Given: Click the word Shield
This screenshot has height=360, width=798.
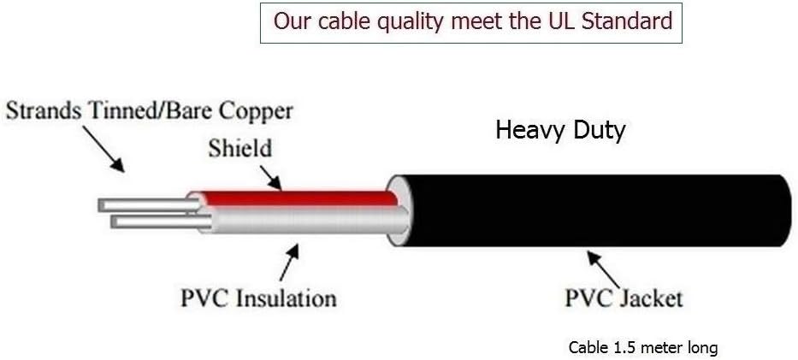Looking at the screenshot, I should (239, 148).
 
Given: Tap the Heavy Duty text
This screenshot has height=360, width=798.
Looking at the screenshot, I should (560, 131).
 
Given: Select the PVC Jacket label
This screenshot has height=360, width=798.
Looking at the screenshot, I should (624, 298).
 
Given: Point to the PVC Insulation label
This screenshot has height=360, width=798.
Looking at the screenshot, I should (258, 298).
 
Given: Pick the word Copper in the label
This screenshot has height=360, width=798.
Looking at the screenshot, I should (256, 111).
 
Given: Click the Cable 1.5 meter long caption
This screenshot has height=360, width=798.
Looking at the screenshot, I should (642, 348).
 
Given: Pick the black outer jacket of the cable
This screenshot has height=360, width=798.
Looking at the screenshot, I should (599, 210).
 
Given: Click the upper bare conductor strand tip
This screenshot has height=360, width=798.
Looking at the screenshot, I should (104, 205).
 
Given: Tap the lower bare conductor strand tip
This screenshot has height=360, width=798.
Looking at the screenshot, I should (117, 222).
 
